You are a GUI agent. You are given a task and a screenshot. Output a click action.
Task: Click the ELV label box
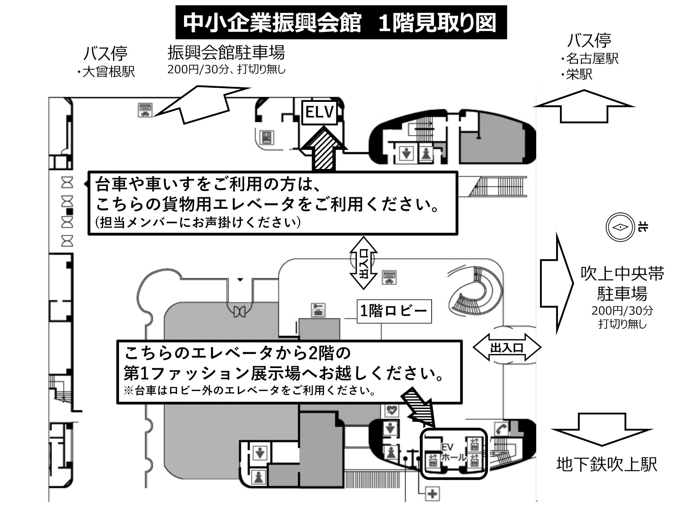point(319,112)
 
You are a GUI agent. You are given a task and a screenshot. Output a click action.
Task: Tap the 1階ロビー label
point(394,311)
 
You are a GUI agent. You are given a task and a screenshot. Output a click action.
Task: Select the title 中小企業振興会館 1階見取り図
point(341,23)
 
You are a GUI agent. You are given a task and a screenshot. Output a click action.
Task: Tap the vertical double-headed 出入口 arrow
point(363,263)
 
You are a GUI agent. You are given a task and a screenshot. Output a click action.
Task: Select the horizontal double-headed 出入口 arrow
point(507,347)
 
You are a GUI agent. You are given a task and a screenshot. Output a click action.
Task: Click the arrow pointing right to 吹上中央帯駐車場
point(556,283)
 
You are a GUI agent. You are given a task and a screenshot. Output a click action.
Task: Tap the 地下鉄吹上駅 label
point(607,465)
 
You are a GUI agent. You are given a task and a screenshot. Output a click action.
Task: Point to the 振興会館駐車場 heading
point(226,53)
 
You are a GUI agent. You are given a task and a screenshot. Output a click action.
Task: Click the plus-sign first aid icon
point(432,494)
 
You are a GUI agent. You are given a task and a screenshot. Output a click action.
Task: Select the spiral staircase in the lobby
point(475,293)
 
